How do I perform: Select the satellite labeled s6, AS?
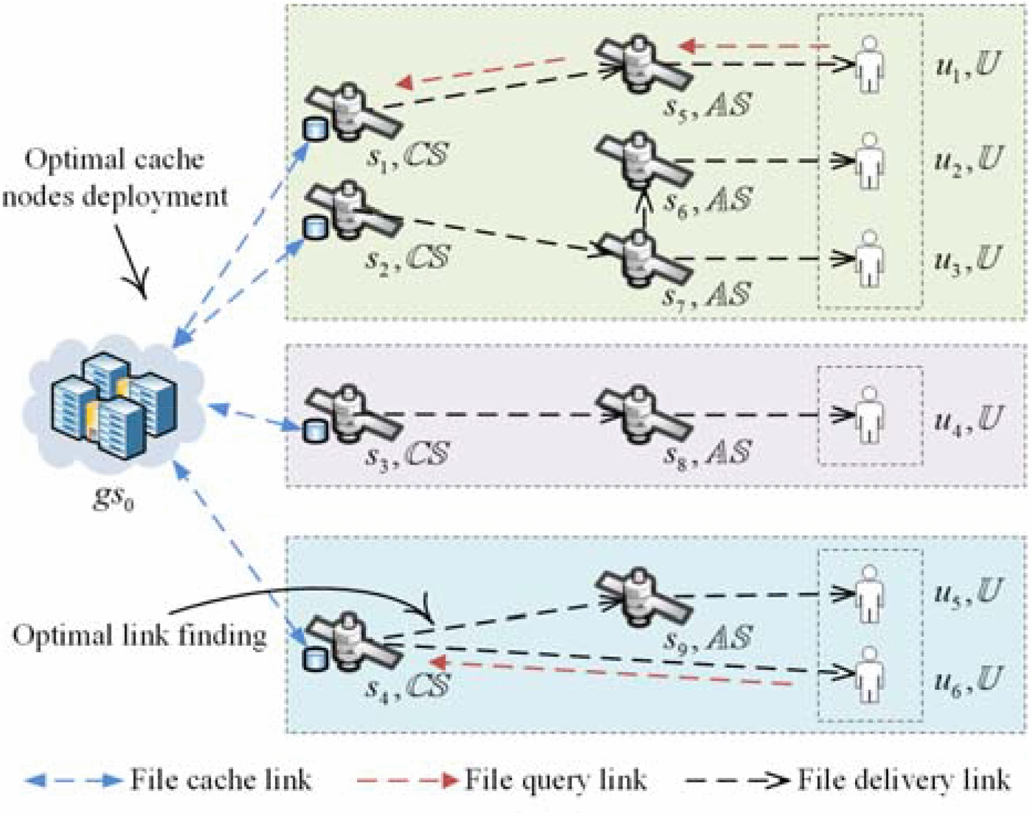click(641, 160)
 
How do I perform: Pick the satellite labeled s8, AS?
click(641, 415)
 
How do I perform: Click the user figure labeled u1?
click(869, 65)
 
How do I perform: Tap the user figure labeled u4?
click(869, 415)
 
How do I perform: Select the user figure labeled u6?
click(869, 675)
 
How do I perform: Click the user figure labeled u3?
click(869, 259)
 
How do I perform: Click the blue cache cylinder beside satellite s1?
click(315, 129)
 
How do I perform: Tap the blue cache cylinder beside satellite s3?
click(315, 430)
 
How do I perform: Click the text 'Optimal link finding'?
click(139, 635)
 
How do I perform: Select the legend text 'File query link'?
click(555, 780)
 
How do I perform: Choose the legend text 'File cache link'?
click(221, 780)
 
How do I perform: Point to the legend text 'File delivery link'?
click(904, 780)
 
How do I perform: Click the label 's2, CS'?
click(407, 257)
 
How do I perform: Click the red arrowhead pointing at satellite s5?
click(685, 46)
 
